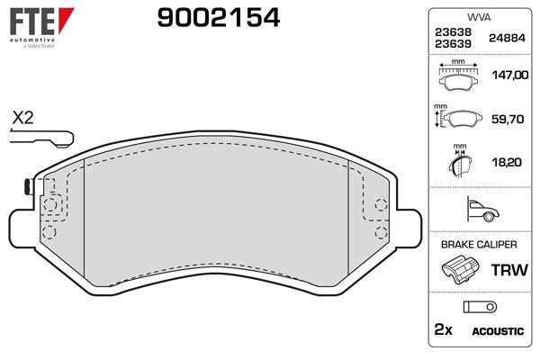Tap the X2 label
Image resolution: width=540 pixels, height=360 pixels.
pyautogui.click(x=22, y=118)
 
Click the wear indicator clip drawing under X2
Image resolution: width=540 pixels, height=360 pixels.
pyautogui.click(x=41, y=138)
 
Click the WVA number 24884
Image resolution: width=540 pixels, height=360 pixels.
pyautogui.click(x=506, y=38)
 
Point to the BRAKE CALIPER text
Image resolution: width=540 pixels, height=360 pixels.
pyautogui.click(x=478, y=244)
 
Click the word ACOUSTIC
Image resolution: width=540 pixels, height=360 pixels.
pyautogui.click(x=498, y=331)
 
